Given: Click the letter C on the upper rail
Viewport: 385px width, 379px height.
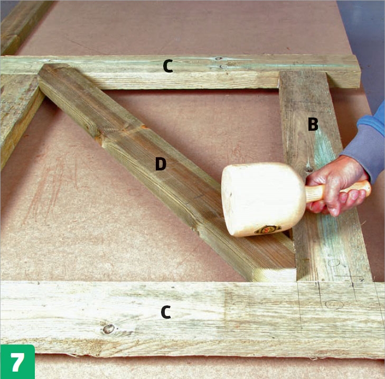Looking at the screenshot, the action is tap(168, 66).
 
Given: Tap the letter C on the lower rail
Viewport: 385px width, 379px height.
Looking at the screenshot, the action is tap(166, 312).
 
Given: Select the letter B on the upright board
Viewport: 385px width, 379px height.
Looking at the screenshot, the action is tap(313, 124).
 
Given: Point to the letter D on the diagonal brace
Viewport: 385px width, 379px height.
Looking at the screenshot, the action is tap(161, 164).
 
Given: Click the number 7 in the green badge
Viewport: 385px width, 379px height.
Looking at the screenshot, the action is tap(18, 362).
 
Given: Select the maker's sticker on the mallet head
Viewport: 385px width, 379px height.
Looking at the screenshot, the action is tap(268, 229).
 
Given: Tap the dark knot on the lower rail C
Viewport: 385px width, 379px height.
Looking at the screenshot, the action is tap(108, 329).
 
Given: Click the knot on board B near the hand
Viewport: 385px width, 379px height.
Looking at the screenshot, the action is tap(309, 169).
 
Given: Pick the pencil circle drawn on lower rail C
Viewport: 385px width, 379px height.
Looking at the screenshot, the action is tap(334, 304).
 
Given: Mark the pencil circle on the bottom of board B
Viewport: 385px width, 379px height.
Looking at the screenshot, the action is tap(334, 263).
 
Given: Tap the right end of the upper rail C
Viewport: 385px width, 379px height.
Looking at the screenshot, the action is tap(359, 71).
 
